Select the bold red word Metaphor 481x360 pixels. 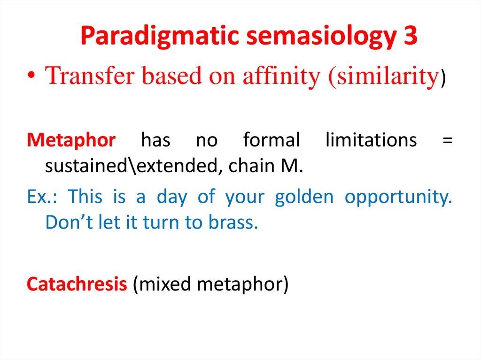tap(71, 140)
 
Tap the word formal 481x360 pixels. tap(272, 140)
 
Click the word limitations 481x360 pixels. tap(371, 140)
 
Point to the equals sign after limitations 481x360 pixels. tap(448, 140)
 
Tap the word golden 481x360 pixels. tap(303, 197)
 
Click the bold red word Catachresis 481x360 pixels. tap(77, 284)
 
